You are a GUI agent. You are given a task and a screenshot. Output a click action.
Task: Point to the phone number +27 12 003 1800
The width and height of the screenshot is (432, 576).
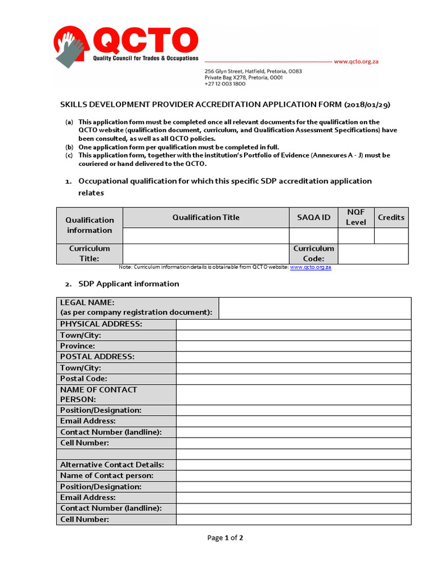pyautogui.click(x=224, y=84)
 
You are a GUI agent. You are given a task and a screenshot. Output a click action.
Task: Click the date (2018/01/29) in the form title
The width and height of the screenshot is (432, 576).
pyautogui.click(x=367, y=105)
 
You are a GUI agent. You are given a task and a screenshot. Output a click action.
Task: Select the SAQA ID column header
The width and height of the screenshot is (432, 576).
pyautogui.click(x=313, y=217)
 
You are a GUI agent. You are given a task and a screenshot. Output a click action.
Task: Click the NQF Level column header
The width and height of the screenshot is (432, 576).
pyautogui.click(x=355, y=217)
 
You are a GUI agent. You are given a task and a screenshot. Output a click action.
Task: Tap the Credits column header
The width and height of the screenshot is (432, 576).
pyautogui.click(x=391, y=217)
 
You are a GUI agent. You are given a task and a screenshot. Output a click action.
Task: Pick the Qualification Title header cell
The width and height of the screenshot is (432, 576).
pyautogui.click(x=206, y=217)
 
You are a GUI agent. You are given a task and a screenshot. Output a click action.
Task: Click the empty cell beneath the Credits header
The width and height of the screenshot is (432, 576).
pyautogui.click(x=391, y=236)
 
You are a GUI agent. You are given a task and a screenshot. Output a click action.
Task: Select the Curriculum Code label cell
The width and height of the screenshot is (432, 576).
pyautogui.click(x=313, y=253)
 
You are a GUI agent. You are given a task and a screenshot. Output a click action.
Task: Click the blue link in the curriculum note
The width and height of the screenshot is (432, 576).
pyautogui.click(x=310, y=267)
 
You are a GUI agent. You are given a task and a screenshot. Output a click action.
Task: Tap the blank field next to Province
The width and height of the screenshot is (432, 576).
pyautogui.click(x=293, y=346)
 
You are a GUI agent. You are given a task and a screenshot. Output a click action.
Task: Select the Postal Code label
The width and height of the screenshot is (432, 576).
pyautogui.click(x=84, y=379)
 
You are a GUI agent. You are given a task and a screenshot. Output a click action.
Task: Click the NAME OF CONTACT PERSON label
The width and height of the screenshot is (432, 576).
pyautogui.click(x=98, y=394)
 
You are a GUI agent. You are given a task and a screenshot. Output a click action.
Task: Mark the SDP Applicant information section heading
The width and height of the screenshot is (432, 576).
pyautogui.click(x=128, y=283)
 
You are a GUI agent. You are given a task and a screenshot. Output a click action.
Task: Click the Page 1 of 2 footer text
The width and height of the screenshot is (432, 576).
pyautogui.click(x=225, y=538)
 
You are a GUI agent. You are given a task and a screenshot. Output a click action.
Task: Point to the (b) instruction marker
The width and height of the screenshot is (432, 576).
pyautogui.click(x=69, y=147)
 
